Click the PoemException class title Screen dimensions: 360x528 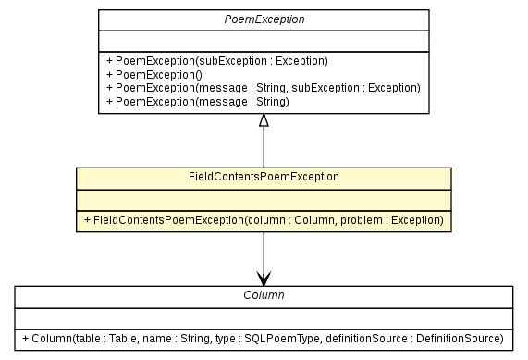(x=264, y=19)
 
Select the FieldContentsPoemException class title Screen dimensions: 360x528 (x=264, y=176)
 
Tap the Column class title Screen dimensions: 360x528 (x=264, y=295)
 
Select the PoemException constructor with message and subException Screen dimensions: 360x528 (x=263, y=87)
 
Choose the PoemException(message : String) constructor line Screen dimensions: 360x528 (x=198, y=100)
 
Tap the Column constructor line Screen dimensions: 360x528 (x=264, y=338)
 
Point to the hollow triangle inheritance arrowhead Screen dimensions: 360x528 (x=264, y=120)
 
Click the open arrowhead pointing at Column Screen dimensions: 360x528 (x=264, y=279)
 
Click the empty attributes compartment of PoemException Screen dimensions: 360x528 (x=264, y=41)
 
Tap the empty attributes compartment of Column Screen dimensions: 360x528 (x=264, y=317)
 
